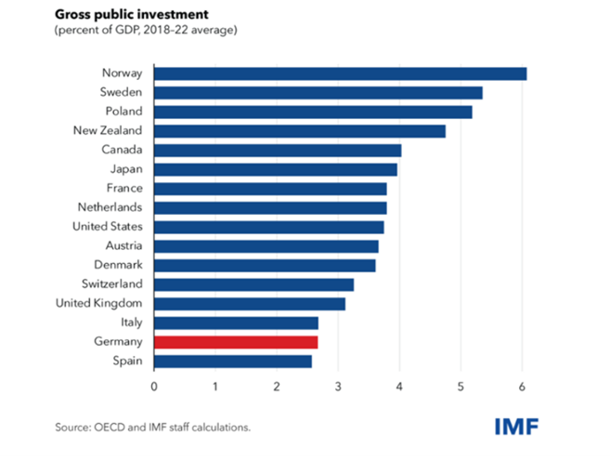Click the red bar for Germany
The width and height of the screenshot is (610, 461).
point(236,341)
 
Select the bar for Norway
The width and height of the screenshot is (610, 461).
point(340,73)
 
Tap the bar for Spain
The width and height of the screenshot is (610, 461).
point(232,360)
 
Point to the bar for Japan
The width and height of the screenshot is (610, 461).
point(275,169)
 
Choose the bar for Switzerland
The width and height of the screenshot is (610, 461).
point(253,284)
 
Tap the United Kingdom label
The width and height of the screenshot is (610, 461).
point(97,304)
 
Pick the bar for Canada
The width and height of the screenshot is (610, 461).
point(278,150)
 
